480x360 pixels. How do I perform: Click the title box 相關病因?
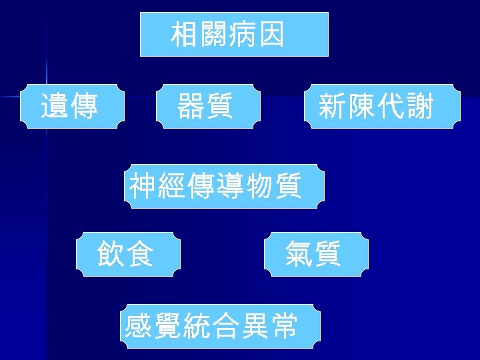(x=234, y=34)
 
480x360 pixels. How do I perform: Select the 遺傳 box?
(x=73, y=106)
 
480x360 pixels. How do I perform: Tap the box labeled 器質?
(x=206, y=106)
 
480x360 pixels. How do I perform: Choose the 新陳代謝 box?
(x=382, y=106)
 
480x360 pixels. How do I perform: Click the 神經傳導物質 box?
(x=226, y=186)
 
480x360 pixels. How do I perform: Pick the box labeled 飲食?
(x=129, y=254)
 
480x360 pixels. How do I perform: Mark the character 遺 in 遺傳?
(x=55, y=106)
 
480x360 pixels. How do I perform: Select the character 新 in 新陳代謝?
(x=332, y=106)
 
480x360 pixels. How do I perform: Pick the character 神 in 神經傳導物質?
(x=144, y=186)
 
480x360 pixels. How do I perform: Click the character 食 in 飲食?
(x=141, y=254)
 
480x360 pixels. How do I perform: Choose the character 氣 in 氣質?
(x=298, y=254)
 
